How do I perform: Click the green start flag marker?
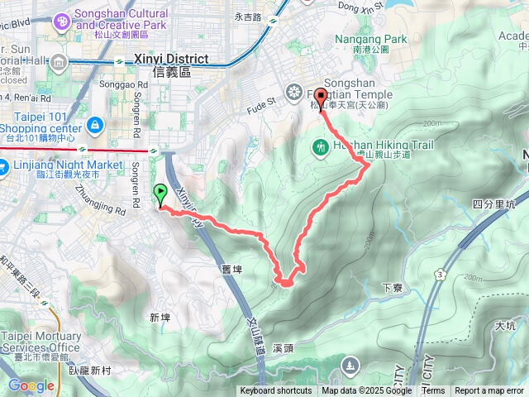[160, 195]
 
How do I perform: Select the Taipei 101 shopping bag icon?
[95, 125]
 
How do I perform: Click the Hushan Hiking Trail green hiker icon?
[320, 146]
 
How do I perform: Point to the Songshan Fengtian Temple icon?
[294, 90]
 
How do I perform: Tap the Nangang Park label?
[360, 39]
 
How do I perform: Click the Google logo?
[31, 385]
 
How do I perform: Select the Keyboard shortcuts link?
[275, 391]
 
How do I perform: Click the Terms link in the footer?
[433, 391]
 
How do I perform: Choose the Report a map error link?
[490, 391]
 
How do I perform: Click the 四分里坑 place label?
[493, 203]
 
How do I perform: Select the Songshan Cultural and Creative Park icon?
[61, 20]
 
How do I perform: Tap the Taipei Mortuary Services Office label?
[41, 342]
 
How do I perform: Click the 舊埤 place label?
[231, 269]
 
